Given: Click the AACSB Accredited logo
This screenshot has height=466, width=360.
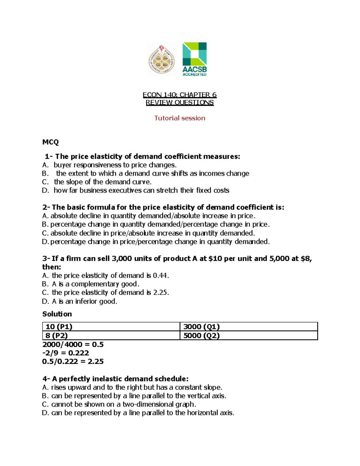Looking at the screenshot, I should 194,59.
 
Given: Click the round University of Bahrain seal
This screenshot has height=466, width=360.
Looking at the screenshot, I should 162,59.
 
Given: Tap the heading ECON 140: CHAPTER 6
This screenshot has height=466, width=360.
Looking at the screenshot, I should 179,95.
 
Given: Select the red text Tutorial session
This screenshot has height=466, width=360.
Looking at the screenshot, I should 180,118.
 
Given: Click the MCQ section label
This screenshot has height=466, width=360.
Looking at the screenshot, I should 50,142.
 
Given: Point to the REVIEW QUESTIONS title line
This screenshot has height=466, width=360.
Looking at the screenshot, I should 179,103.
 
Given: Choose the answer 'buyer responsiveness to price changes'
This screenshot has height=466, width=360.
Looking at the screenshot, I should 115,165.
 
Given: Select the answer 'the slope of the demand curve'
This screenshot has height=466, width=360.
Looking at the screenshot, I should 103,182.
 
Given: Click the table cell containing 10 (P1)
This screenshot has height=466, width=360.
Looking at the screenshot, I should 111,326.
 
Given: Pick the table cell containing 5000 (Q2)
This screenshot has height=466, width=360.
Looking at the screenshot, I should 248,335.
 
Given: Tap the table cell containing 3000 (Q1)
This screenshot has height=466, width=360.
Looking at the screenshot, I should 248,326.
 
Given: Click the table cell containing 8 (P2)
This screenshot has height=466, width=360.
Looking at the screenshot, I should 111,335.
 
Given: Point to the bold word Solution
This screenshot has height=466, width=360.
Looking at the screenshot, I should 57,314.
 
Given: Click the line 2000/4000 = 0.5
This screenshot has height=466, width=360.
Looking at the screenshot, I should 73,344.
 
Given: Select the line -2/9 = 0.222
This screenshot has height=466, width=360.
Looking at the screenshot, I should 66,353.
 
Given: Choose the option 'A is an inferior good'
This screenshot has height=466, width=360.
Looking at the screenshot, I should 84,301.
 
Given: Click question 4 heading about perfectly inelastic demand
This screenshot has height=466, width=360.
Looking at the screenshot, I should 115,379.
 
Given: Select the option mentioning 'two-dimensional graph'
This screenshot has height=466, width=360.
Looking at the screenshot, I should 123,404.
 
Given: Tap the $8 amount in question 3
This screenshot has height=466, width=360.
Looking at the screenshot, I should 306,259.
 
